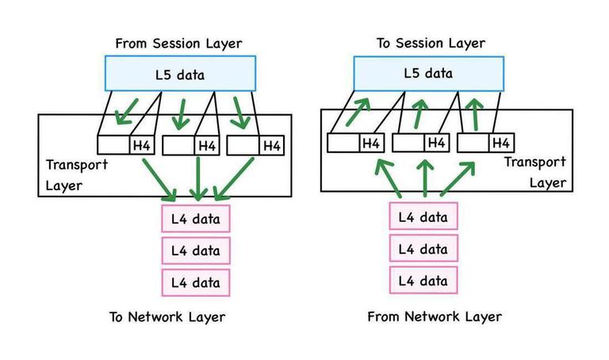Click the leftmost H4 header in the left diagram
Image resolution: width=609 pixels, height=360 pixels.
coord(140,145)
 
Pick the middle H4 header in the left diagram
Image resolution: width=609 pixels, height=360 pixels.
coord(206,145)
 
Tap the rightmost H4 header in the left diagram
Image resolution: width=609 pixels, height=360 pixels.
coord(270,145)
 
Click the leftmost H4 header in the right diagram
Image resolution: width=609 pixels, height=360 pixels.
coord(370,144)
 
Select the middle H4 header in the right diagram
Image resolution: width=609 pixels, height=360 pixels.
coord(435,144)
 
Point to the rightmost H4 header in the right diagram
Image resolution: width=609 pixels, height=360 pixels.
coord(500,144)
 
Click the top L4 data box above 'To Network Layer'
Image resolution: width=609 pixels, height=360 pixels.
coord(196,218)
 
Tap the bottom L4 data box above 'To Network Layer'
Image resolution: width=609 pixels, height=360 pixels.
coord(196,281)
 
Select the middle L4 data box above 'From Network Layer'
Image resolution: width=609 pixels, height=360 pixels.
coord(423,249)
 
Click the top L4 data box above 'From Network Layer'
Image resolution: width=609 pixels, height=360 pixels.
coord(423,216)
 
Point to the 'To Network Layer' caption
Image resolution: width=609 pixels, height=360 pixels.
coord(167,317)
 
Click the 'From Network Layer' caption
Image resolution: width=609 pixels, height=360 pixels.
coord(435,317)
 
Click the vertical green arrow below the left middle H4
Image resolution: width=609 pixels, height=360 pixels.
coord(197,178)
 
